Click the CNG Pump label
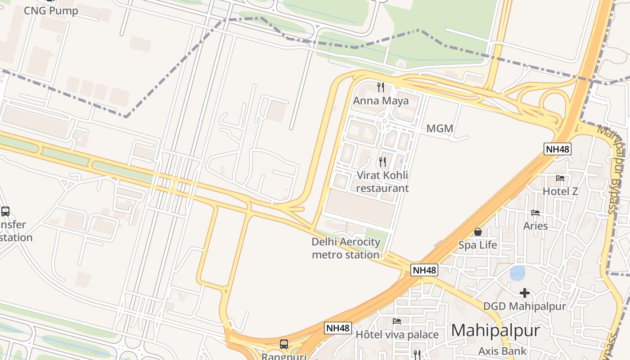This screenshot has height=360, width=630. [51, 10]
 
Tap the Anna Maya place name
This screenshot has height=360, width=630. [381, 100]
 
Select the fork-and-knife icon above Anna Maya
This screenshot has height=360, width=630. [381, 86]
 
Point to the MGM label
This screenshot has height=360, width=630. [440, 129]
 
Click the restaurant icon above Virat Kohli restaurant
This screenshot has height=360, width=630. [382, 162]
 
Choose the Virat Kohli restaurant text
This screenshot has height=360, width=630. [382, 181]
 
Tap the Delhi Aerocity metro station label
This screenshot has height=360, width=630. [346, 248]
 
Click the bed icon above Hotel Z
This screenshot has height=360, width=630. [560, 178]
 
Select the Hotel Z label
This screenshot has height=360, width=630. [560, 191]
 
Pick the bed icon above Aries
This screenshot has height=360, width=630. [535, 212]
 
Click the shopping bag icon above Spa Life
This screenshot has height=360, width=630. [478, 232]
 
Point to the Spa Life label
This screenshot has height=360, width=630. [478, 245]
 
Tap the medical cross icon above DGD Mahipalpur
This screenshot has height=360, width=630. [524, 293]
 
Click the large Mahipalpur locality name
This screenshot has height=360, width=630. [495, 331]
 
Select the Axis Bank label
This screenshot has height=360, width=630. [502, 351]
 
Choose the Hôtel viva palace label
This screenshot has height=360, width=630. [397, 335]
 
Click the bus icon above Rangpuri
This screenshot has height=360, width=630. [284, 344]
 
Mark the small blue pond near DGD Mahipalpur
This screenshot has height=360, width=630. [517, 273]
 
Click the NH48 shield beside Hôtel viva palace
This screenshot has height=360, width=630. [337, 328]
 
